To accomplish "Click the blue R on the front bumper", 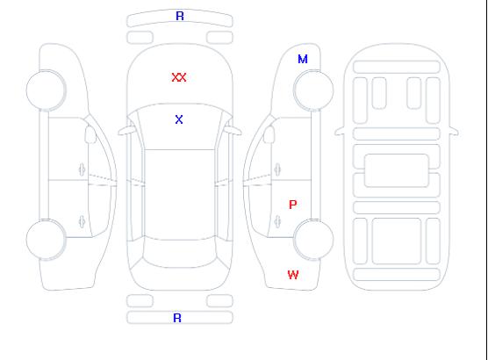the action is (x=180, y=16).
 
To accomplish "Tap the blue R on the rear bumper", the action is (x=177, y=318).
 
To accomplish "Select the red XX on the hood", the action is (x=179, y=77).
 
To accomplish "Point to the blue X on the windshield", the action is (x=179, y=119).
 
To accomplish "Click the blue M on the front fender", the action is (x=303, y=59).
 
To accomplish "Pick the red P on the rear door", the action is (x=293, y=205).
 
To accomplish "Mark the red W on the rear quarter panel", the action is (x=293, y=275).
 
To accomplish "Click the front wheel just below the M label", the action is (x=313, y=90).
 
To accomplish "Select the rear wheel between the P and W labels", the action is (x=313, y=239).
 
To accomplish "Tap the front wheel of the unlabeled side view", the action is (x=46, y=90).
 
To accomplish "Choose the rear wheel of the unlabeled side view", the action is (x=46, y=240).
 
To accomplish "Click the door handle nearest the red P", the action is (x=277, y=222).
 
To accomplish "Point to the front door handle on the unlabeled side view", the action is (x=82, y=169).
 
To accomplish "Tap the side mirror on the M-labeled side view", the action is (x=269, y=134).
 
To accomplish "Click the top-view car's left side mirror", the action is (x=126, y=131).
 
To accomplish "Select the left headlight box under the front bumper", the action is (x=140, y=38).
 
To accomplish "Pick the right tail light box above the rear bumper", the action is (x=219, y=301).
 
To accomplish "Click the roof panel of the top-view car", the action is (x=180, y=195).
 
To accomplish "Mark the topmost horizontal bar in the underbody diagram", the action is (x=397, y=67).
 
